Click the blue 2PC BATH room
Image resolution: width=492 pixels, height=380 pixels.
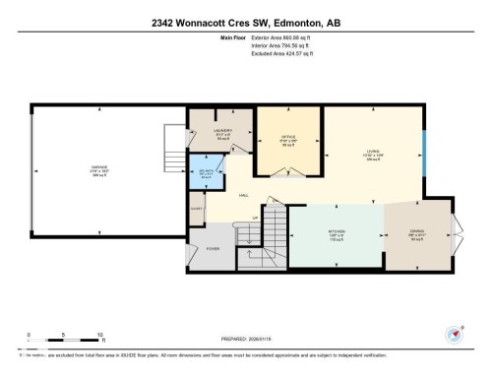(207, 175)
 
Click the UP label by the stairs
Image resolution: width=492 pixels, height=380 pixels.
(256, 218)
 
